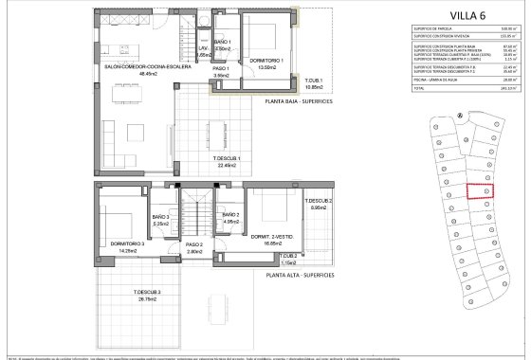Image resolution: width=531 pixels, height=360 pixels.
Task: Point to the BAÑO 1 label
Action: (x=223, y=45)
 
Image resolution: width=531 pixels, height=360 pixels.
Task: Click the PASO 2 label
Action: (x=194, y=247)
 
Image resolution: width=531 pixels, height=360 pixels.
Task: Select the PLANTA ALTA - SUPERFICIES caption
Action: (x=300, y=274)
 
